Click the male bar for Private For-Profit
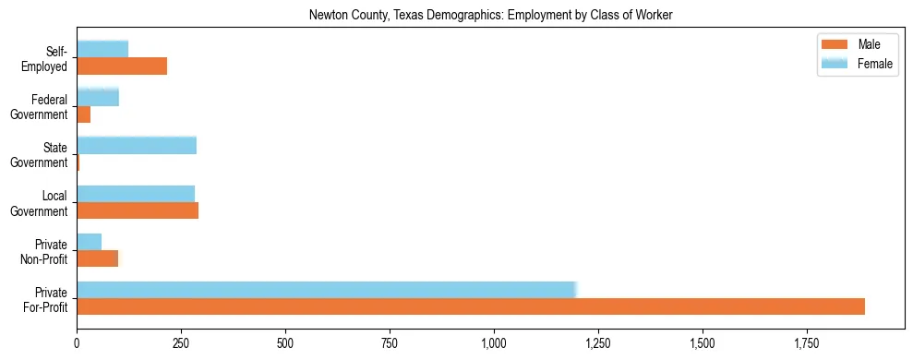[471, 306]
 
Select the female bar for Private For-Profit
[326, 289]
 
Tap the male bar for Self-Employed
[122, 66]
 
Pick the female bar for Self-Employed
[102, 49]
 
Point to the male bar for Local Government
[138, 210]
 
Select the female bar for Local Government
[136, 193]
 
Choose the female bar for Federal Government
[98, 97]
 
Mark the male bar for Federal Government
[84, 114]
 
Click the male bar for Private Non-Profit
[98, 258]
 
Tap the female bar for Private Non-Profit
[90, 241]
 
